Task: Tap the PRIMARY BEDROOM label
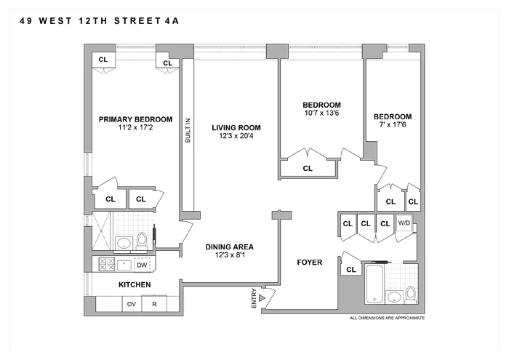coord(135,120)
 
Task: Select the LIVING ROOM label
coord(236,128)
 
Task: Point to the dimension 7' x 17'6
coord(392,126)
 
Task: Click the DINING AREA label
coord(229,247)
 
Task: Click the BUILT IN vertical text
coord(187,130)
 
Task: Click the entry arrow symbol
coord(263,297)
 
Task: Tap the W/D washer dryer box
coord(404,223)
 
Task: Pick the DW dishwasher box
coord(141,264)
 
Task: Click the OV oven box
coord(132,304)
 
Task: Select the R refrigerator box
coord(154,304)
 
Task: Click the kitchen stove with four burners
coord(103,264)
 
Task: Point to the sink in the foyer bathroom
coord(396,297)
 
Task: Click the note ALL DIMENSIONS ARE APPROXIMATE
coord(387,319)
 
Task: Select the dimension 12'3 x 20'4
coord(236,137)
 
